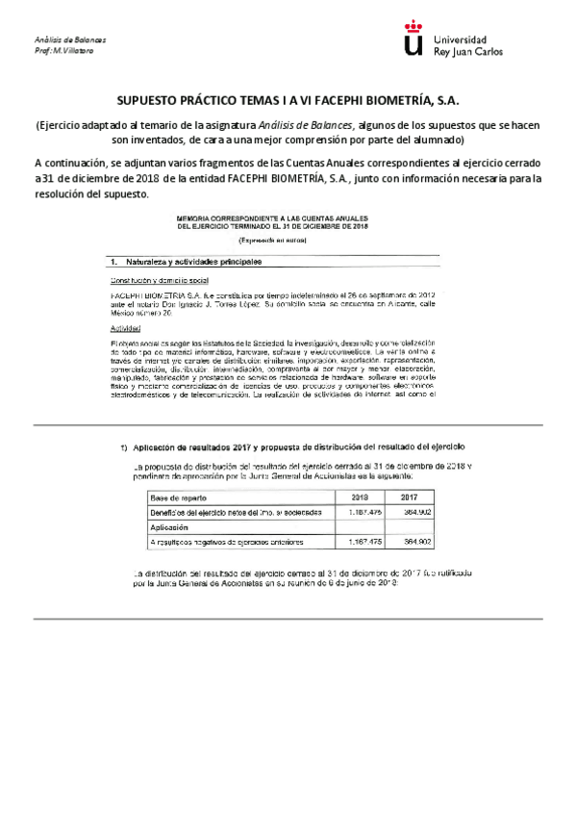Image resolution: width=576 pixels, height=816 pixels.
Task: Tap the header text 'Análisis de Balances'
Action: (x=69, y=40)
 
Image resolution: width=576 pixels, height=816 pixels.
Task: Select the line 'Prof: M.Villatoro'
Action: (x=65, y=50)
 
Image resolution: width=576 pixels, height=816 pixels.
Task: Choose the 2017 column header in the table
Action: (x=408, y=497)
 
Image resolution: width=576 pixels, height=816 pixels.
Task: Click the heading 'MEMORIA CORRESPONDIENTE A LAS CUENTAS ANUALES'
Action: (x=286, y=218)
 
